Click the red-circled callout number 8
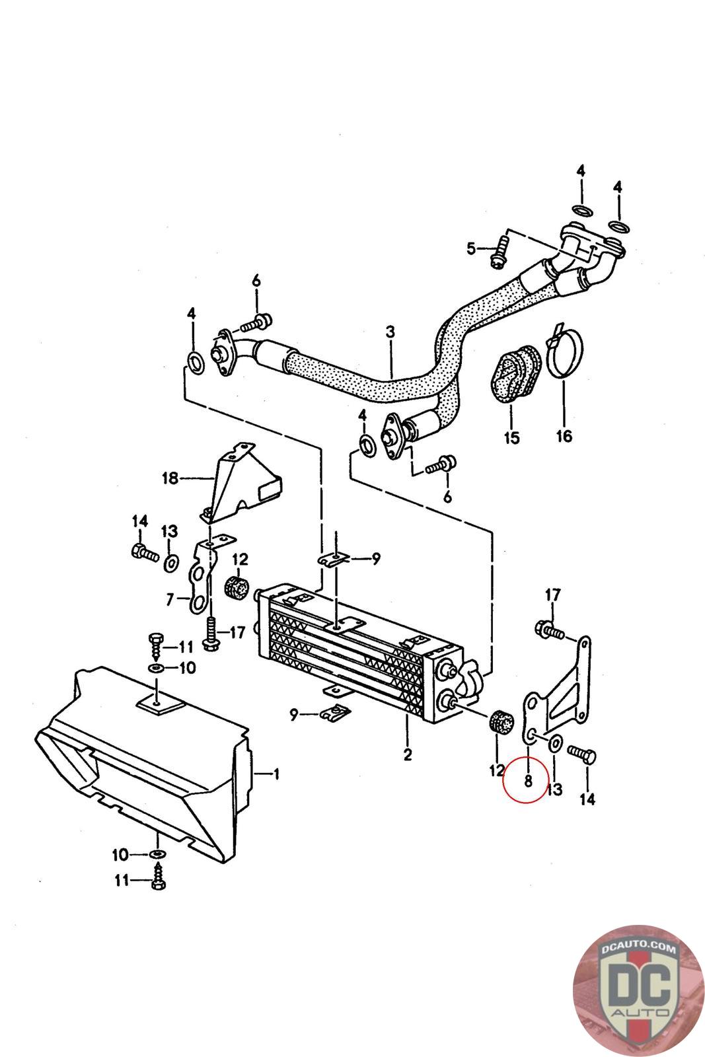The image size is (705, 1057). click(527, 781)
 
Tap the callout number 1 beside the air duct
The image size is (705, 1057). click(277, 774)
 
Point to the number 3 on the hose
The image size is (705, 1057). click(390, 332)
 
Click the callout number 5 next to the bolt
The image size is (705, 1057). click(471, 248)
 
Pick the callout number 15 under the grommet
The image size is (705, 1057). click(511, 437)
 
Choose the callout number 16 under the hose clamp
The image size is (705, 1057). click(564, 436)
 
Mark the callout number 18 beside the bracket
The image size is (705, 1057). click(170, 478)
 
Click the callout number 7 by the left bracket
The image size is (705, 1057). click(170, 600)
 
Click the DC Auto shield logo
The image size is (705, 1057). click(638, 990)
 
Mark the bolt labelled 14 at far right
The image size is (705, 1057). click(581, 753)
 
